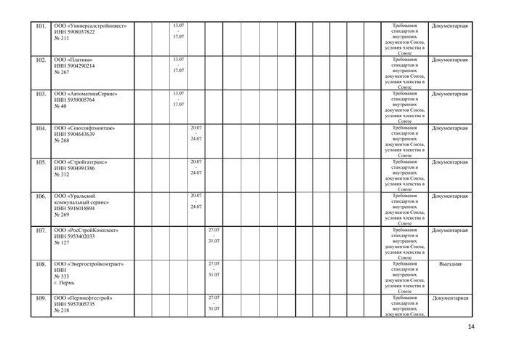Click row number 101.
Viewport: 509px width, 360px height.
click(x=41, y=28)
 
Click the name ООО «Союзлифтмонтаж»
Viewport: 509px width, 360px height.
click(x=89, y=128)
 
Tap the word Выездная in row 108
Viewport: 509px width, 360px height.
click(x=451, y=264)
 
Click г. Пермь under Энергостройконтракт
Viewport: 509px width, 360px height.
click(x=68, y=283)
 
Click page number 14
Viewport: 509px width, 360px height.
click(x=471, y=327)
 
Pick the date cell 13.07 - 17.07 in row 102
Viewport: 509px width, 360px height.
click(x=178, y=65)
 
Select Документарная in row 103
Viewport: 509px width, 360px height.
click(x=451, y=94)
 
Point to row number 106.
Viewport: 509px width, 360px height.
click(x=41, y=196)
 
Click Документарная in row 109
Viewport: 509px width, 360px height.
click(x=451, y=298)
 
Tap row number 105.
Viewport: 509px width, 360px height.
click(x=41, y=162)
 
